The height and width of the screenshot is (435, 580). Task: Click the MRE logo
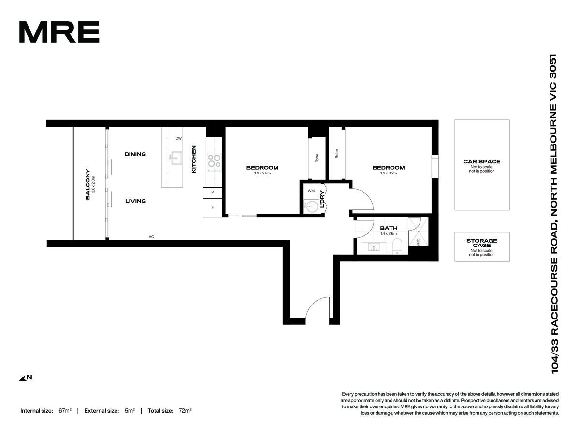point(59,32)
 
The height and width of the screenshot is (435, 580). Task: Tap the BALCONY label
point(88,184)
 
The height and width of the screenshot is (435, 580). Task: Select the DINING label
point(135,154)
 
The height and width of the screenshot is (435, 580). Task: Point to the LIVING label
point(135,201)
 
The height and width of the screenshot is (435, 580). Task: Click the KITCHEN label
point(194,159)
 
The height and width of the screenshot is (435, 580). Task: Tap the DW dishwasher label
point(179,138)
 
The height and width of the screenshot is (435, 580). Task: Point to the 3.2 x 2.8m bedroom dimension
point(262,173)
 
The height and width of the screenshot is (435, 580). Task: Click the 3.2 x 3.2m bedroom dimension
point(388,173)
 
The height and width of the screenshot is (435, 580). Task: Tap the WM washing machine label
point(311,191)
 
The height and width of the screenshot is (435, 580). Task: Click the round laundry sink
point(311,206)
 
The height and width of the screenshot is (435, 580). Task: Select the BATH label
point(389,228)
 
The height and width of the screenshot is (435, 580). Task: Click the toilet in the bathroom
point(397,246)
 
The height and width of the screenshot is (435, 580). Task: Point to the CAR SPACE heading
point(482,161)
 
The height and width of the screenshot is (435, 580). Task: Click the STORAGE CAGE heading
point(482,243)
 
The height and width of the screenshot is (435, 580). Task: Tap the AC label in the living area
point(151,237)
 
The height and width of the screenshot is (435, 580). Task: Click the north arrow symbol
point(26,378)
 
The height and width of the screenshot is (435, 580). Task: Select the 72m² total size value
point(185,411)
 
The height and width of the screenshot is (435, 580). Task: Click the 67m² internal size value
point(65,411)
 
